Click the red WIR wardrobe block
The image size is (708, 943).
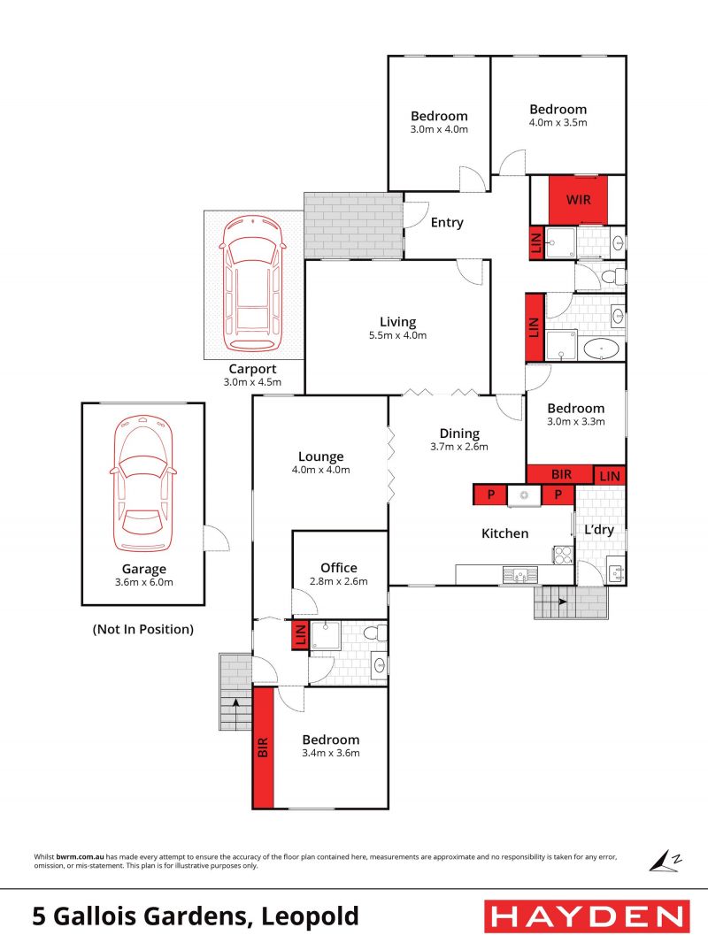point(578,200)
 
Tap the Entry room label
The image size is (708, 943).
point(447,223)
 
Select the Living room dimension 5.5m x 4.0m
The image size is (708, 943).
point(397,335)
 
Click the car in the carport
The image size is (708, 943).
point(252,284)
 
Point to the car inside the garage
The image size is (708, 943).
point(143,483)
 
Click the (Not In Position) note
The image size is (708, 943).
point(143,629)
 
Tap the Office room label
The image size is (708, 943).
point(339,568)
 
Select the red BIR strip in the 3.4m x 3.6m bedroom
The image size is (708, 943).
point(263,747)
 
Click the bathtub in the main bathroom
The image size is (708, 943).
point(601,349)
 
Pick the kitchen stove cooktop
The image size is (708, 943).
point(564,554)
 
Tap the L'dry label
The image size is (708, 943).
point(599,530)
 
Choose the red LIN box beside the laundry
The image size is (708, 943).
point(610,476)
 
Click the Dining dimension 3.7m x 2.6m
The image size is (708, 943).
point(459,447)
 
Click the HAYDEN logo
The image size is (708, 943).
point(587,916)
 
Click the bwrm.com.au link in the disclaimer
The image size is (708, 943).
point(80,857)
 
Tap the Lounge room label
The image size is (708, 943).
point(320,457)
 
